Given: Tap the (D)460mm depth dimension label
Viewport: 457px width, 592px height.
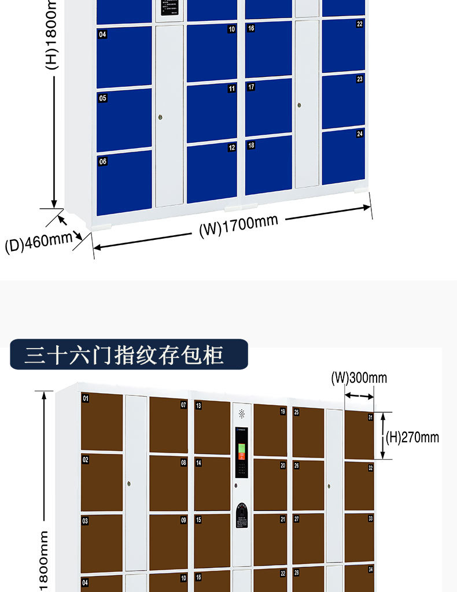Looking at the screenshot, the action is [x=38, y=242].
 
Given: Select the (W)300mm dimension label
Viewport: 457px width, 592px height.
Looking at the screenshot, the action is [x=359, y=378].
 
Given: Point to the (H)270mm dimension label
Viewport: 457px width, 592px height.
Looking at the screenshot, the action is [x=412, y=437].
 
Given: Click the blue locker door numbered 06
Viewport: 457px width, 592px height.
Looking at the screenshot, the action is [x=124, y=182].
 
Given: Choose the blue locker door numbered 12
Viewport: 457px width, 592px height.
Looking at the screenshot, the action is [x=212, y=172].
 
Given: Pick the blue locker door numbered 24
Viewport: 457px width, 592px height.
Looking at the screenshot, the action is [x=343, y=156].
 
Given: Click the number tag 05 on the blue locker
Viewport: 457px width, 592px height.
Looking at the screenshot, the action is [x=103, y=98].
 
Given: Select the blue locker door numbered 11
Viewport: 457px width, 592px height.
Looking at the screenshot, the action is [x=212, y=113].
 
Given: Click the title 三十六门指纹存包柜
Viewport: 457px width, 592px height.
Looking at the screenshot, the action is [x=124, y=355].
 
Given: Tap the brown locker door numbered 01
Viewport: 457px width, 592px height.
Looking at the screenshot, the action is [x=102, y=421].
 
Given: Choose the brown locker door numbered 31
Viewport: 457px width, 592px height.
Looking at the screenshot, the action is [x=359, y=435].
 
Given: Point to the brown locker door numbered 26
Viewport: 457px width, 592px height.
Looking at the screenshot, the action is [x=308, y=484].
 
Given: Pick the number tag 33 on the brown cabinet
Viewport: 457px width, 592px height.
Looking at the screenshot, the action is [x=370, y=518].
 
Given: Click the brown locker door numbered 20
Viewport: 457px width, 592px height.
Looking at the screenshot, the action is [x=270, y=484].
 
